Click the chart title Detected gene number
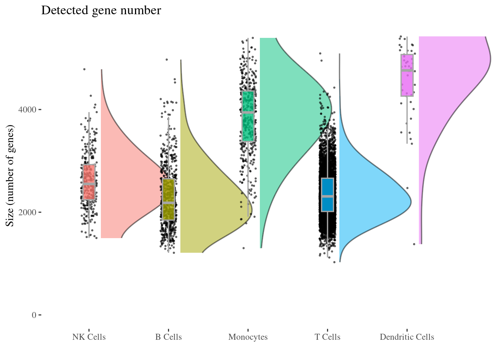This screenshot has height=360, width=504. (x=101, y=10)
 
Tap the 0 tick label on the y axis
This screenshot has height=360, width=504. (x=34, y=315)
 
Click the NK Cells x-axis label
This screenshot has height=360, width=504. (x=89, y=337)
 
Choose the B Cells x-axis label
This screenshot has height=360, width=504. (x=168, y=337)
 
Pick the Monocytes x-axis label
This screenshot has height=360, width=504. (x=248, y=337)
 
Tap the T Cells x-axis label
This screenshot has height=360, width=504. (x=327, y=337)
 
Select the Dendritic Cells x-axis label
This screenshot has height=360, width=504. (x=407, y=337)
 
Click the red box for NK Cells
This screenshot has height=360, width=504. (x=89, y=182)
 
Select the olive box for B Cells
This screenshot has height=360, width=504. (x=168, y=199)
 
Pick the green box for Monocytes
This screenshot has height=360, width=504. (x=248, y=116)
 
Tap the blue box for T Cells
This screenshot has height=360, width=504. (x=327, y=195)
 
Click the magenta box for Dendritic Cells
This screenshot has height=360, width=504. (x=407, y=75)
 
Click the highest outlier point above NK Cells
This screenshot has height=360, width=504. (x=84, y=69)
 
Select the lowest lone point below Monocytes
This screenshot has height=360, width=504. (x=243, y=248)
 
